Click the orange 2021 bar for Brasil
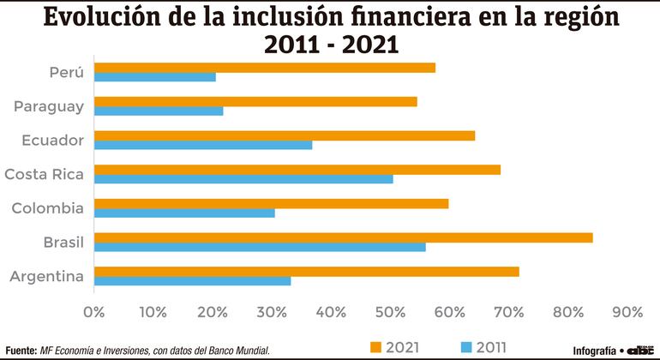tap(343, 237)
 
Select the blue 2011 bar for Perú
tap(154, 77)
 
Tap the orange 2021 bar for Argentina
tap(306, 272)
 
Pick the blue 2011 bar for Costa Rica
tap(243, 179)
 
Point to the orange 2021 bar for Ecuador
tap(284, 135)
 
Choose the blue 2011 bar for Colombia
tap(184, 213)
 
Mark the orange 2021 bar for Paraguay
tap(255, 101)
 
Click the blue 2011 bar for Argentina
tap(192, 281)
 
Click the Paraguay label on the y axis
tap(48, 106)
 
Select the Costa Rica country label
tap(44, 175)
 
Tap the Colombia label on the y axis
tap(48, 208)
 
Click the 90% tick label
tap(627, 311)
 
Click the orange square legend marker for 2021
tap(375, 346)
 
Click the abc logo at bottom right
tap(641, 350)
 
